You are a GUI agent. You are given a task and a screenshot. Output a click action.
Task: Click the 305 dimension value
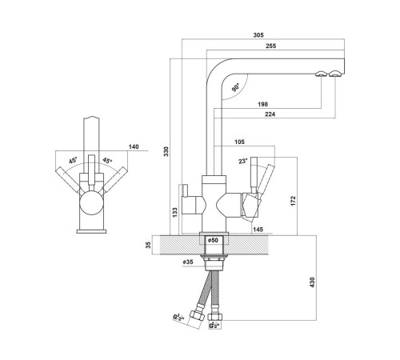[x=258, y=35]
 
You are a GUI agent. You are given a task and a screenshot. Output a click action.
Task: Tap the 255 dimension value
[x=271, y=46]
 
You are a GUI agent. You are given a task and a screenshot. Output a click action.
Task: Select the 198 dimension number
[x=263, y=104]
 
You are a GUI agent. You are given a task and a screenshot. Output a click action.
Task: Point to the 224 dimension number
[x=270, y=114]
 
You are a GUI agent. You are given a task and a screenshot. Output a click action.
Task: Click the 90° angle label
[x=236, y=87]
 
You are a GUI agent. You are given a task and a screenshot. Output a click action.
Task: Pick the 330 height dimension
[x=166, y=151]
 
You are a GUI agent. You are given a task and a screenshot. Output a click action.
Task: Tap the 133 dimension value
[x=175, y=212]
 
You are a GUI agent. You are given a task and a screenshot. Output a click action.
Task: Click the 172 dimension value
[x=294, y=201]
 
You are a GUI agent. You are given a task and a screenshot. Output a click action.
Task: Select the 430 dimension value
[x=312, y=282]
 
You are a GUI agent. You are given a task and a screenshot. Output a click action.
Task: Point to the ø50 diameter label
[x=213, y=240]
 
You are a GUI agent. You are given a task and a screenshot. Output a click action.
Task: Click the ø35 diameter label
[x=188, y=262]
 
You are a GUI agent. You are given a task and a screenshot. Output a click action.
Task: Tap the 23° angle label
[x=243, y=161]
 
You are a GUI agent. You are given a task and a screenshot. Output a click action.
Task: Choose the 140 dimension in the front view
[x=134, y=146]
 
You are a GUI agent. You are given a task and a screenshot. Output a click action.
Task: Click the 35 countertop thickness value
[x=149, y=245]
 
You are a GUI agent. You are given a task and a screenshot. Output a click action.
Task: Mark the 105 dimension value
[x=239, y=142]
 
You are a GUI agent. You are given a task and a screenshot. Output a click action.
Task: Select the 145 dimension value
[x=258, y=230]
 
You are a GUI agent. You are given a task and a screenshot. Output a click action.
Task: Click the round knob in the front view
[x=91, y=203]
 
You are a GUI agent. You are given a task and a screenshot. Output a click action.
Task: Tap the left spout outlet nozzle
[x=321, y=74]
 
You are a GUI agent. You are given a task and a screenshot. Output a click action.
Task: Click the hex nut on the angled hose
[x=197, y=317]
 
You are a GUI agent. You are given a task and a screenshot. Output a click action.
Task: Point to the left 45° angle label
[x=73, y=161]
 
